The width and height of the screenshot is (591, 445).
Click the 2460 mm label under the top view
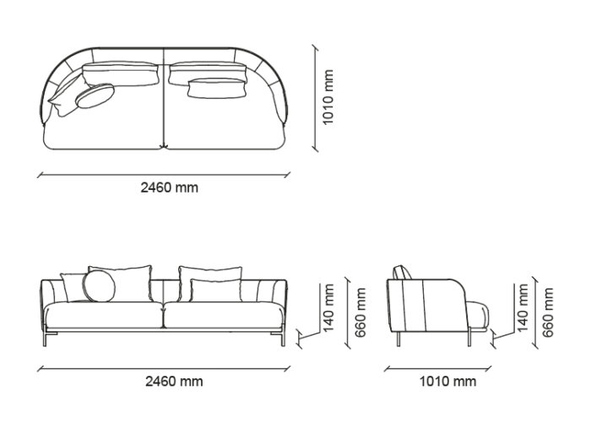(x=169, y=187)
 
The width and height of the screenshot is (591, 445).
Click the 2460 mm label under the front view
(x=174, y=382)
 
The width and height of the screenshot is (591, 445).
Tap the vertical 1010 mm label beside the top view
(x=328, y=96)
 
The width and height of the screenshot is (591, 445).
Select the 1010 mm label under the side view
(x=447, y=382)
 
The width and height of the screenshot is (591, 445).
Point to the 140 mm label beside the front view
(x=328, y=307)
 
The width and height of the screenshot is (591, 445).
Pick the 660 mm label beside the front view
(x=361, y=312)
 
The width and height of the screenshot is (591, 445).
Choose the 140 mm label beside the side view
(x=523, y=307)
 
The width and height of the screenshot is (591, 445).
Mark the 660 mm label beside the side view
(x=548, y=312)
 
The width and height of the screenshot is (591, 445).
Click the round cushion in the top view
(x=95, y=95)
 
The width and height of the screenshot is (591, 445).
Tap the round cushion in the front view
(x=99, y=286)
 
